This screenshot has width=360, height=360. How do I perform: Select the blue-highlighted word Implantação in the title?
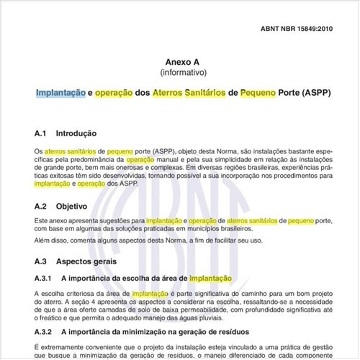tap(60, 94)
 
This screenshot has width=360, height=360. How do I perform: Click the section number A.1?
tap(41, 134)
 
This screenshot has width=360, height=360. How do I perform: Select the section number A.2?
tap(41, 206)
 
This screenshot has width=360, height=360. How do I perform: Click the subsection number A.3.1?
tap(44, 278)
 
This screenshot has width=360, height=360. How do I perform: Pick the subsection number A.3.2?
tap(44, 332)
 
